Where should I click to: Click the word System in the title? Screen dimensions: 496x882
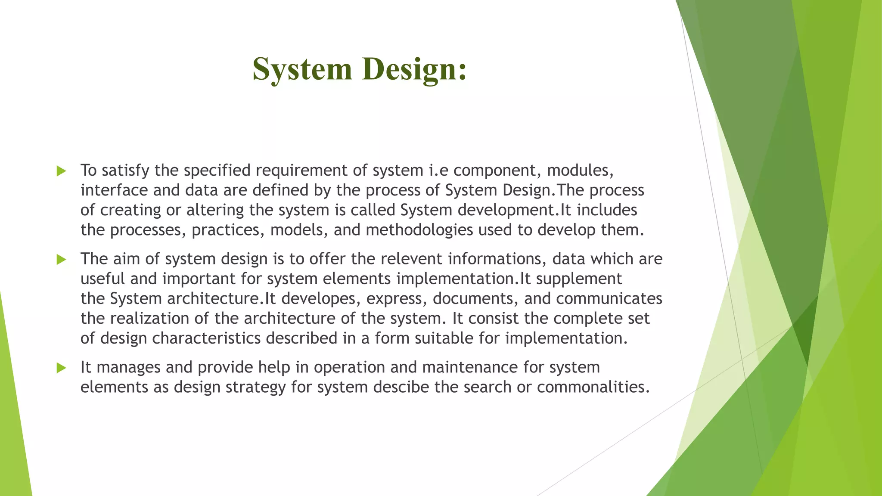[x=302, y=69]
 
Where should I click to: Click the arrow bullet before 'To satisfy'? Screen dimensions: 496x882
[x=61, y=171]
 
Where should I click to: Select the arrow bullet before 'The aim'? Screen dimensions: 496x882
[x=61, y=259]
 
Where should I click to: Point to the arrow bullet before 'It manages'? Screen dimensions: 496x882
[x=61, y=368]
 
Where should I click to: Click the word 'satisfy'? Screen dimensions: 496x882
[x=125, y=170]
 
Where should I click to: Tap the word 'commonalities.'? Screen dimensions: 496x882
[x=593, y=387]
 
